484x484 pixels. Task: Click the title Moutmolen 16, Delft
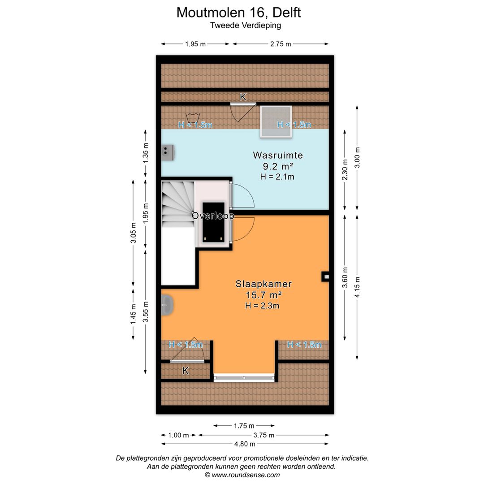tap(238, 13)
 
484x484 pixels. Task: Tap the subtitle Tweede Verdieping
tap(246, 25)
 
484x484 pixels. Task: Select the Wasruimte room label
tap(278, 155)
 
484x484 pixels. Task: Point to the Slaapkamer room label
tap(264, 284)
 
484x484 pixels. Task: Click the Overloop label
tap(213, 216)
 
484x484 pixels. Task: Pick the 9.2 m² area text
tap(278, 166)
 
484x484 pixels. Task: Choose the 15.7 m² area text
tap(264, 295)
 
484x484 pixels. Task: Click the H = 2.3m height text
tap(262, 306)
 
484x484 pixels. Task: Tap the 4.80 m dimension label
tap(245, 444)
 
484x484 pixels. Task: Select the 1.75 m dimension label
tap(244, 426)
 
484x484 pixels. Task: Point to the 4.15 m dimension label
tap(358, 287)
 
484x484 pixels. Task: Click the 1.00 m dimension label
tap(178, 435)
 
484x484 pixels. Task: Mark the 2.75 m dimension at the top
tap(281, 44)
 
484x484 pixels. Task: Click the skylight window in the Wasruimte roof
tap(276, 121)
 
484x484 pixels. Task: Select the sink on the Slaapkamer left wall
tap(167, 305)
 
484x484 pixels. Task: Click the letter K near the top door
tap(243, 97)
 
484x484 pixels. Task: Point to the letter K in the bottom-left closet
tap(185, 371)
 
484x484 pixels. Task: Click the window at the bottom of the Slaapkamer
tap(244, 378)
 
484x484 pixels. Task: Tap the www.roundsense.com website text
tap(246, 475)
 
